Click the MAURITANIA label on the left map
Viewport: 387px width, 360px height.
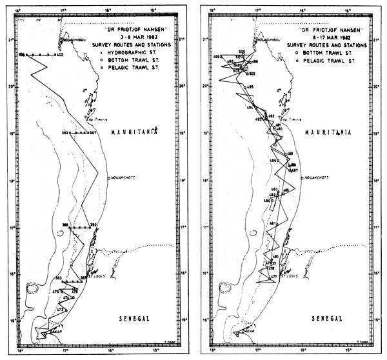[133, 132]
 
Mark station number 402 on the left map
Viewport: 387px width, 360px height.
[59, 55]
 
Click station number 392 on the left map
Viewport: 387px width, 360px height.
[93, 225]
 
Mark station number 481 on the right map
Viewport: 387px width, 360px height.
[273, 224]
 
